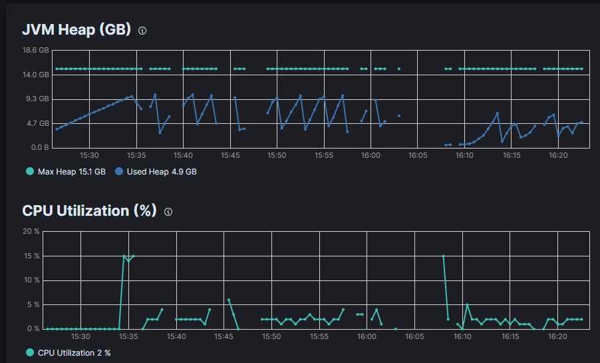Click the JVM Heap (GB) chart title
click(77, 30)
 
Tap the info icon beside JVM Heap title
click(142, 31)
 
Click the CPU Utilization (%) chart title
click(89, 210)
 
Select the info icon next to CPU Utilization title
click(168, 212)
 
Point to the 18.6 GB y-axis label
click(35, 50)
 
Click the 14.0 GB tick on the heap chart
click(35, 75)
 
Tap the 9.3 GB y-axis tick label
click(37, 99)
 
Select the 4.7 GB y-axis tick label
click(37, 123)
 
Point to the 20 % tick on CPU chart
click(31, 231)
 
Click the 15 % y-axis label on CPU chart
click(31, 256)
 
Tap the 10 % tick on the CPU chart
click(31, 280)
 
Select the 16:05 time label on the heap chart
click(417, 155)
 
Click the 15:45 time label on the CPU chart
click(224, 337)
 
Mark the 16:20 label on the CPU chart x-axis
click(557, 337)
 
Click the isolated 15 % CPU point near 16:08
click(443, 256)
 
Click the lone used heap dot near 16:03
click(398, 115)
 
